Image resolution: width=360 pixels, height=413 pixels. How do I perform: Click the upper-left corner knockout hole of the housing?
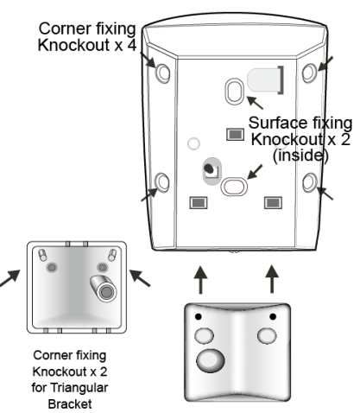162,73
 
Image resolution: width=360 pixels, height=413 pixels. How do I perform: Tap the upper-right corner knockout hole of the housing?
309,73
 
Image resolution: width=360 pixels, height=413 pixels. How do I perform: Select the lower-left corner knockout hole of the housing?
162,182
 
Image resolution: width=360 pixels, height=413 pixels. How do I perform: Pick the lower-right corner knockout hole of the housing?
310,182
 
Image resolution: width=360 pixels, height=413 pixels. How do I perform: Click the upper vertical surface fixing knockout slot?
235,92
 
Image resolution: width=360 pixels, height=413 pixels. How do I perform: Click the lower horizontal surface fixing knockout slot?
234,186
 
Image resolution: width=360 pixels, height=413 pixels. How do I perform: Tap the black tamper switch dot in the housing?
209,168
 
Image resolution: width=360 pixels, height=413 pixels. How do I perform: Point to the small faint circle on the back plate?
193,143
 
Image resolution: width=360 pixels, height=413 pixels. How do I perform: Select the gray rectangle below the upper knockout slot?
236,134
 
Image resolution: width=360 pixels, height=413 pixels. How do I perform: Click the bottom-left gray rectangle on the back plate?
199,203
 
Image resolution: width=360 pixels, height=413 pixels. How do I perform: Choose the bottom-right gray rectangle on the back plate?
273,203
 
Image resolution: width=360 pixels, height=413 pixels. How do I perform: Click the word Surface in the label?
278,123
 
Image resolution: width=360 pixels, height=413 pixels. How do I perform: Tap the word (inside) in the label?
300,156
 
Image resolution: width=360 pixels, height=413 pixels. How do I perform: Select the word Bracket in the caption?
70,404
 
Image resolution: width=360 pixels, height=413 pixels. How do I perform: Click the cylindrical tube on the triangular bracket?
104,289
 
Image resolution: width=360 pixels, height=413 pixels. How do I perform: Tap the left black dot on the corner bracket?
198,316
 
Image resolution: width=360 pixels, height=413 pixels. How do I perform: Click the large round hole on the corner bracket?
211,360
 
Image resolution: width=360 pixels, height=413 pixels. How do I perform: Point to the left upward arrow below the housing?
200,280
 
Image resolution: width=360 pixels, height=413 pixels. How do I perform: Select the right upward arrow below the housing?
272,279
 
